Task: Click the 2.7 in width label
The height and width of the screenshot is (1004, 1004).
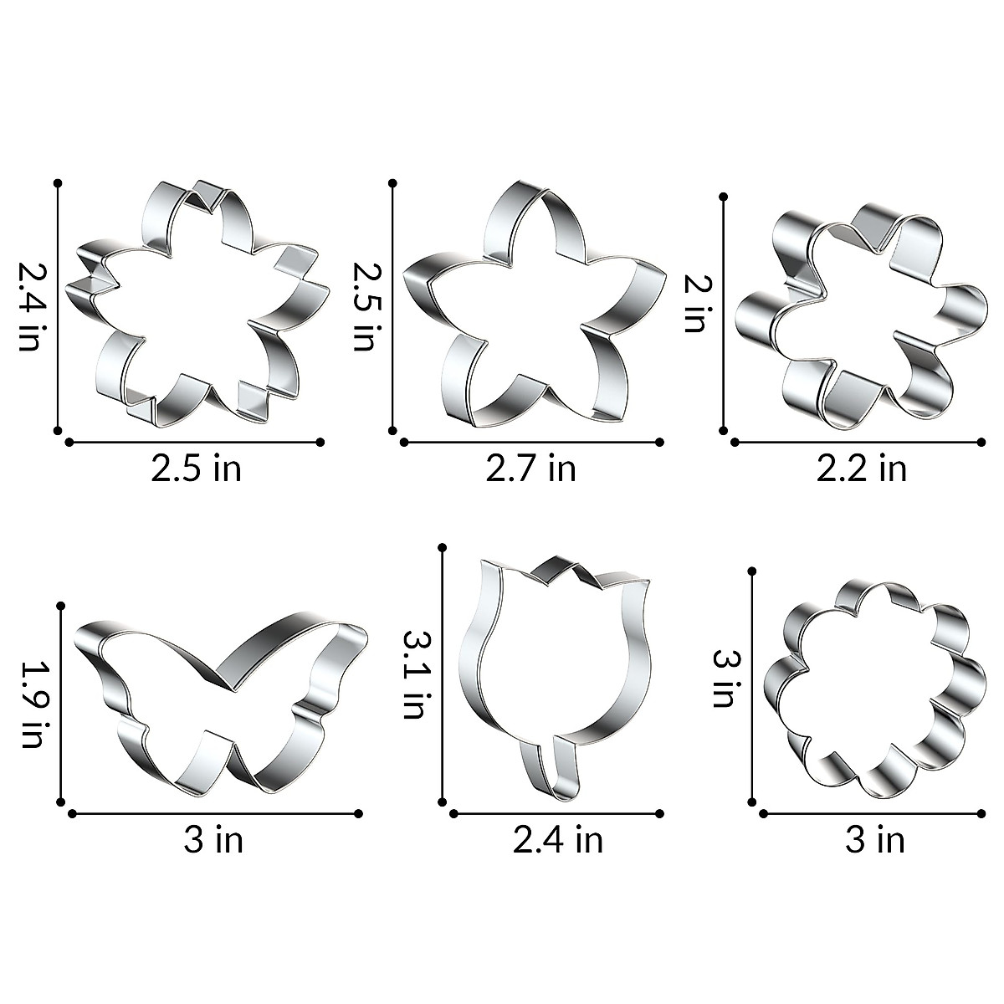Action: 531,468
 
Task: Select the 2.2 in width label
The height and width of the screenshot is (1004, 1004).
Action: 862,468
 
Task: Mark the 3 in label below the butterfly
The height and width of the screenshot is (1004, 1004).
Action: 214,839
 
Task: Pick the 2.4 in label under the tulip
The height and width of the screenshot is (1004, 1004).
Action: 558,839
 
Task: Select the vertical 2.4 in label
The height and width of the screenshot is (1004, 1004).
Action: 30,306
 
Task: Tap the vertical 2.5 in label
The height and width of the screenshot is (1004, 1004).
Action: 363,306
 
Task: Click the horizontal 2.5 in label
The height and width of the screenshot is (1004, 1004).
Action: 197,468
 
